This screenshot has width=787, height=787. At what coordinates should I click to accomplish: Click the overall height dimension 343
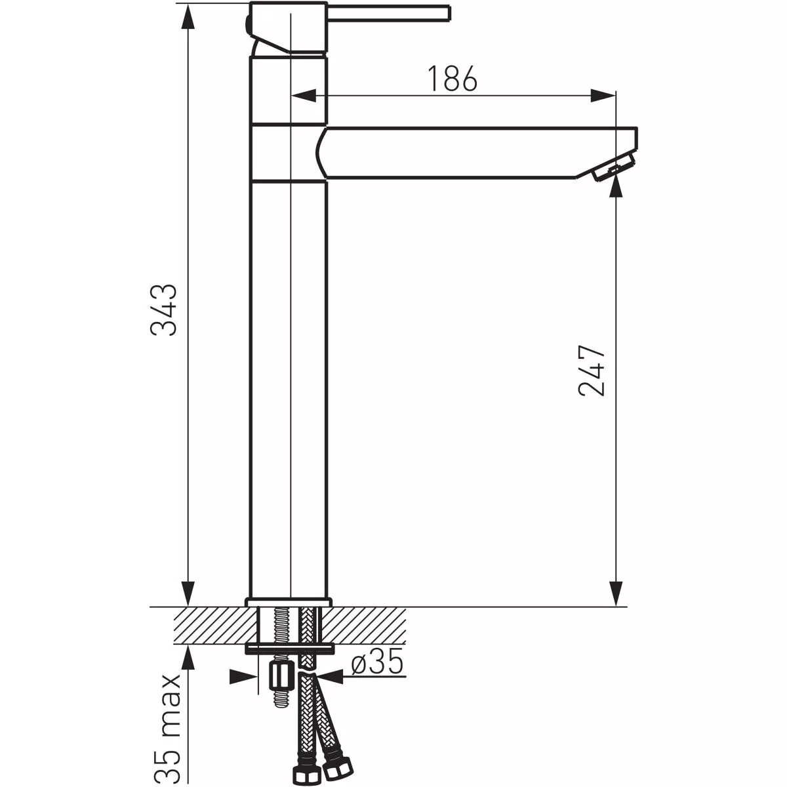[x=163, y=310]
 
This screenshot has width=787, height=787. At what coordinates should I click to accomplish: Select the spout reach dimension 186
[x=453, y=79]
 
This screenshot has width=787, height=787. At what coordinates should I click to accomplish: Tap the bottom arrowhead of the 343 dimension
[x=188, y=594]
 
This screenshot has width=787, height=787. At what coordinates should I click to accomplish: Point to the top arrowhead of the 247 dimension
[x=615, y=188]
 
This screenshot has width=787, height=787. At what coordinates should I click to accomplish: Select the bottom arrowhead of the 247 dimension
[x=615, y=594]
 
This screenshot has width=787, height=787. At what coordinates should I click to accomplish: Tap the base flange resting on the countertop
[x=289, y=602]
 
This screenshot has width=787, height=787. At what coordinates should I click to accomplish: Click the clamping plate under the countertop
[x=289, y=649]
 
